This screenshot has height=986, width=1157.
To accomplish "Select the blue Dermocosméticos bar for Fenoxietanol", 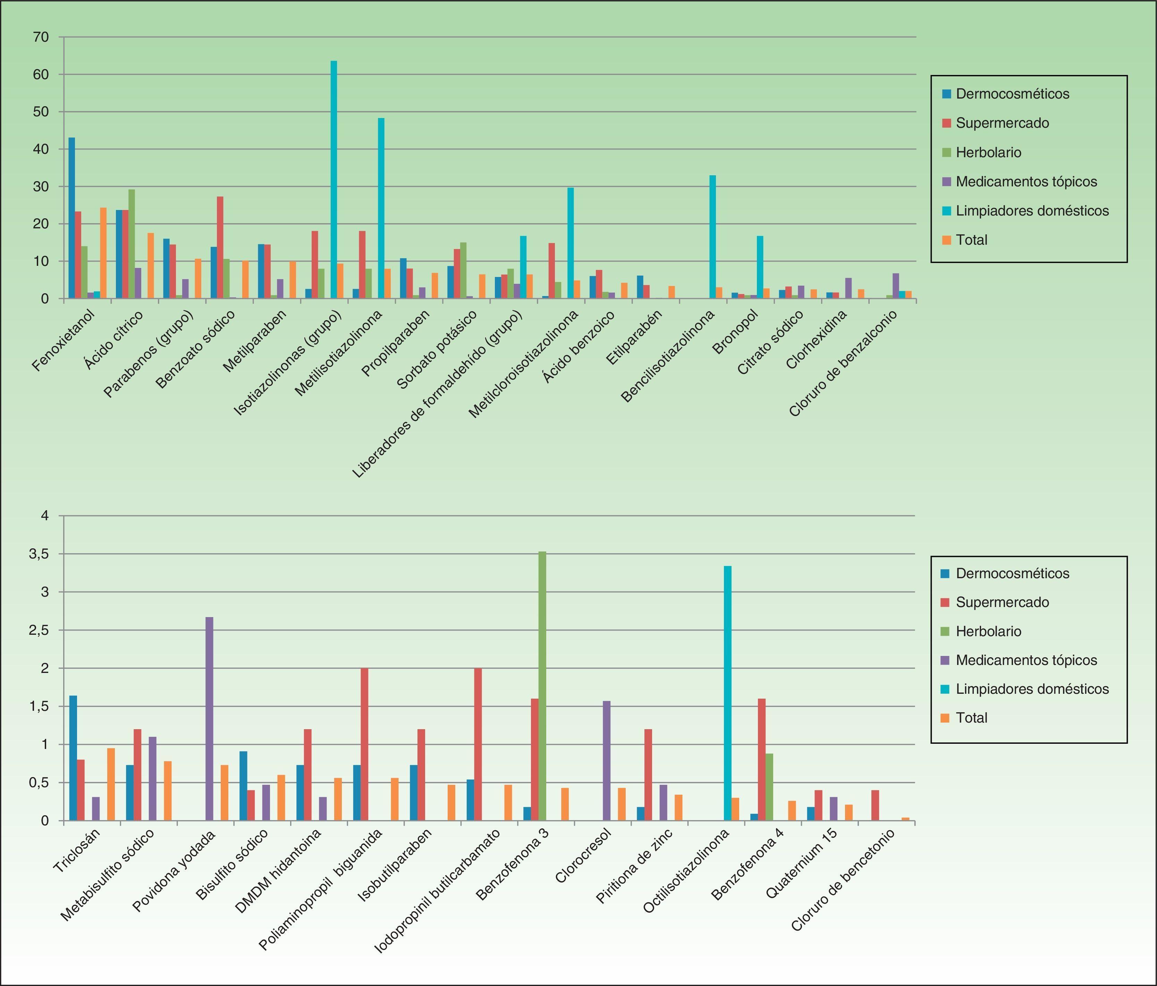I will (x=71, y=218).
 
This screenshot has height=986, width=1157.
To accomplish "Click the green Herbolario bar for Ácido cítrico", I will (x=131, y=244).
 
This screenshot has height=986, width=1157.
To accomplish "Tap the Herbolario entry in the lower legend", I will (x=988, y=631).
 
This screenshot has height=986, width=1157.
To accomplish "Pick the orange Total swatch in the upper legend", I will (x=946, y=240).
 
